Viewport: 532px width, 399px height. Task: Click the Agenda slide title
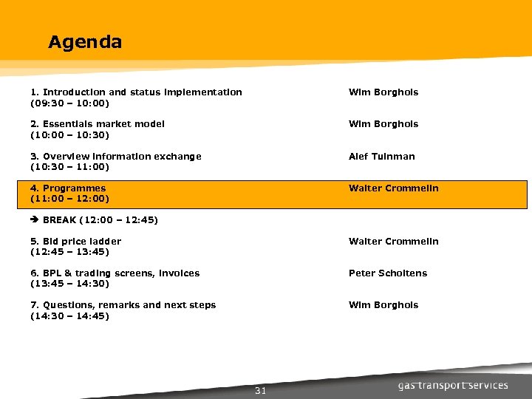(85, 42)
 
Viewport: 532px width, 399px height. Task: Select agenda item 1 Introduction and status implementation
(136, 92)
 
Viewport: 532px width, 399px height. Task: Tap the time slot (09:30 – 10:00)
(69, 103)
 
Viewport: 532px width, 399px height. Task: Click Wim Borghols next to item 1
(383, 92)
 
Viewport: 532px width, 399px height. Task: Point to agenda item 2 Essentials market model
(98, 124)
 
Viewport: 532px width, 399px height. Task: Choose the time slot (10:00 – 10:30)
(69, 134)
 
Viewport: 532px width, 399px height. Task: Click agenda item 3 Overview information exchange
(116, 157)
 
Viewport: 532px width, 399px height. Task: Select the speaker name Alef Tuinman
(382, 157)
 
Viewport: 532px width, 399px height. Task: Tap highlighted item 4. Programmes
(68, 188)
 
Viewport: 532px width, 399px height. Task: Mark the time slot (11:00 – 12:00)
(69, 199)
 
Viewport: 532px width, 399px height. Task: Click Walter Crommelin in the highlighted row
(394, 188)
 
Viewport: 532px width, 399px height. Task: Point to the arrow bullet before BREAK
(35, 220)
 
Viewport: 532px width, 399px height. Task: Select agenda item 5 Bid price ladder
(76, 242)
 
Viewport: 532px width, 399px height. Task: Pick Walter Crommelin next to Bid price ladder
(394, 242)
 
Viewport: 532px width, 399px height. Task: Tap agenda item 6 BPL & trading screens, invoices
(115, 273)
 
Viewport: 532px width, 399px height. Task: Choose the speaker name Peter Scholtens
(388, 273)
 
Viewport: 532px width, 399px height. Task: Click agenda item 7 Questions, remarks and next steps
(123, 305)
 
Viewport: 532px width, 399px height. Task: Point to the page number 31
(260, 391)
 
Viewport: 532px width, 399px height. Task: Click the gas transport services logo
(453, 385)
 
